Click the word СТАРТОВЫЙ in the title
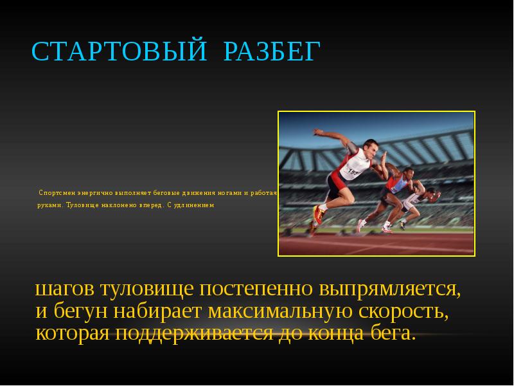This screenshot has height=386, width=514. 119,52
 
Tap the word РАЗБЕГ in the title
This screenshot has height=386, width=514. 271,52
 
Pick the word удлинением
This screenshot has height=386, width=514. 195,205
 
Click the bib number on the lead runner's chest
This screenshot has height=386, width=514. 353,170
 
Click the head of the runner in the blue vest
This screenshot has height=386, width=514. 408,174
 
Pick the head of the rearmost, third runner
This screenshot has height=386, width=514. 432,192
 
